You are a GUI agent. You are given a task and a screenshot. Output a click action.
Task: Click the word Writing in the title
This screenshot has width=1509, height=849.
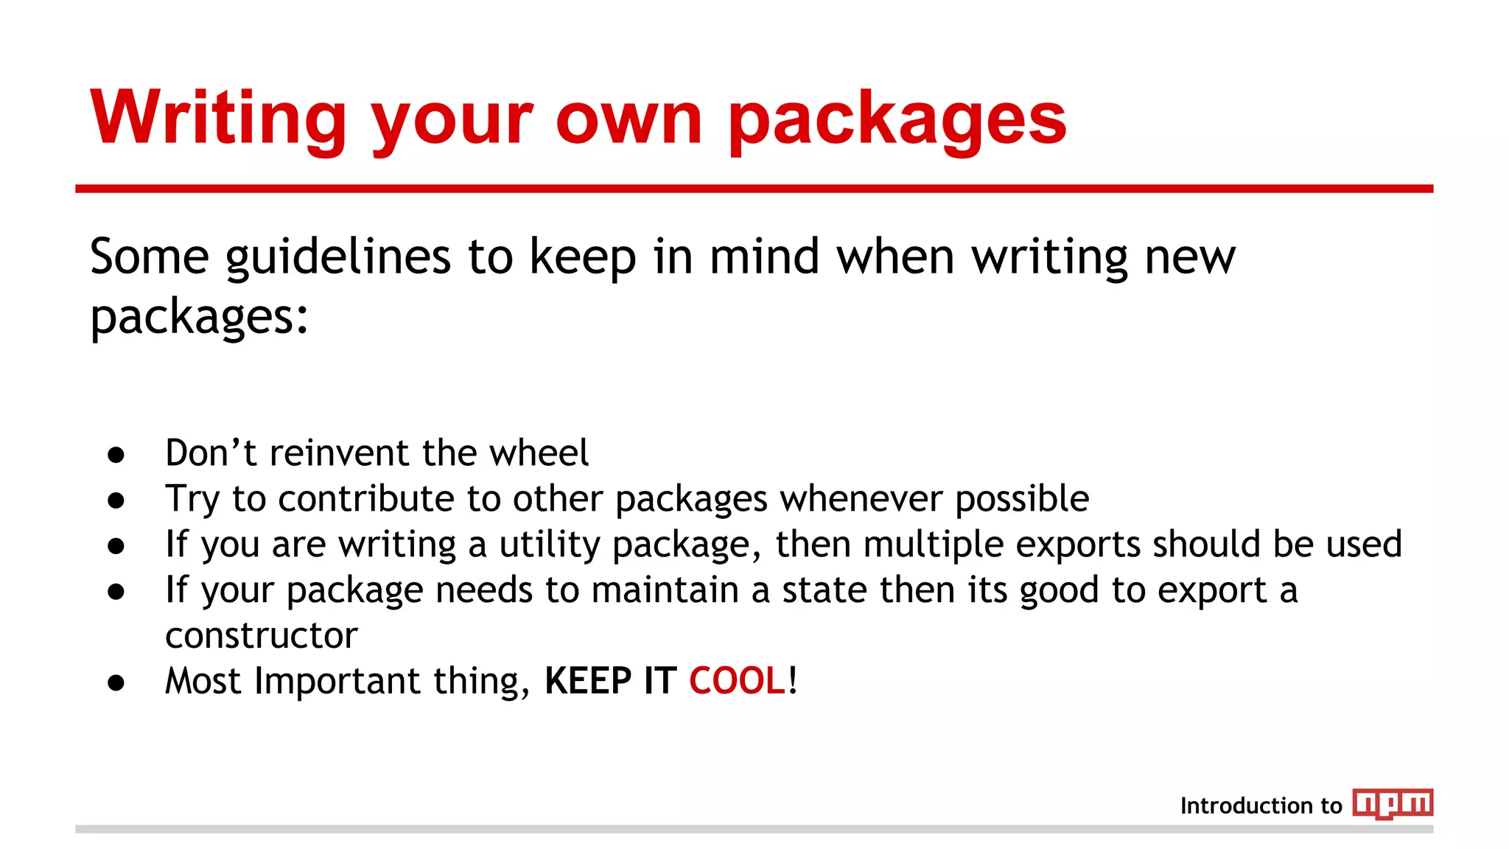218,118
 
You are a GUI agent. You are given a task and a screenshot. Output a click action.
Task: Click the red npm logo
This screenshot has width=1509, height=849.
1393,803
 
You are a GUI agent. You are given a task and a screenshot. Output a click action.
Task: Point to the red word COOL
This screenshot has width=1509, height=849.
738,680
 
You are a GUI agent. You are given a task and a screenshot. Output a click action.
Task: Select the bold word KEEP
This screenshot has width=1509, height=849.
588,680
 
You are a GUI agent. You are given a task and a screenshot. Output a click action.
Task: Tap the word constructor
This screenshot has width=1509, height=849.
262,635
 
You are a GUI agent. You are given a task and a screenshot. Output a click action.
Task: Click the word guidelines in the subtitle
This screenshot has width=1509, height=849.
338,258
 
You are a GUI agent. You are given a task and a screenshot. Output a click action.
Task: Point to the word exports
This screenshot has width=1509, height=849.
1079,545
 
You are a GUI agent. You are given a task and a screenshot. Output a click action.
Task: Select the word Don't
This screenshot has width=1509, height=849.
211,453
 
